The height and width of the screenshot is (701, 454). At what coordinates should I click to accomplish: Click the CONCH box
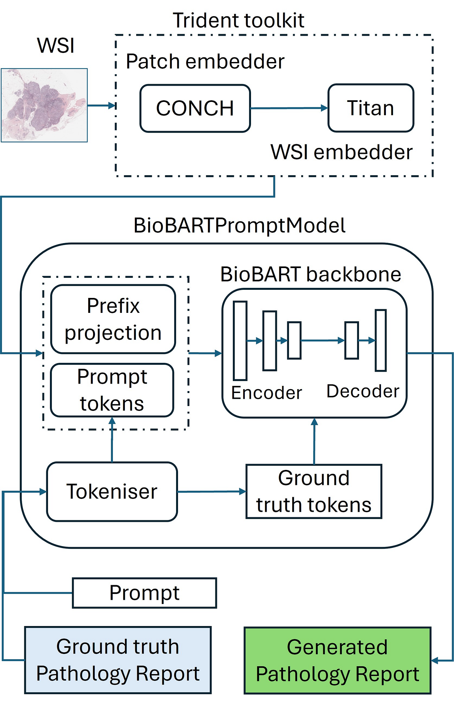tap(195, 108)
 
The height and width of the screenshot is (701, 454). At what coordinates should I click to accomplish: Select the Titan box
tap(371, 108)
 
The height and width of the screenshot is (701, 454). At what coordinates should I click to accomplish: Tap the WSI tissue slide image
tap(44, 105)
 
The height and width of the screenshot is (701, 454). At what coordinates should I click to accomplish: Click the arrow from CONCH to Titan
tap(289, 108)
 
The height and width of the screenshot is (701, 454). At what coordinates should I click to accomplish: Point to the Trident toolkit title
tap(239, 20)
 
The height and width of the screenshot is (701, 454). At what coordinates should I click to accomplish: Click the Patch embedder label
tap(205, 61)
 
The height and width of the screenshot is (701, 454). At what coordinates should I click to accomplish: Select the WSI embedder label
tap(342, 152)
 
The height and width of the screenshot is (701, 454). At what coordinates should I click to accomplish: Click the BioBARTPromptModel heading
tap(240, 226)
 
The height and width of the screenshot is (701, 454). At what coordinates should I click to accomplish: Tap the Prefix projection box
tap(113, 319)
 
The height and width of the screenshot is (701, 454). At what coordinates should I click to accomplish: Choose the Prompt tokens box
tap(112, 390)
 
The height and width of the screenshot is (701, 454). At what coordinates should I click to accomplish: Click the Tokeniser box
tap(112, 491)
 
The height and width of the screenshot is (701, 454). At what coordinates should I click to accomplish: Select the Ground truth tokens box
tap(314, 491)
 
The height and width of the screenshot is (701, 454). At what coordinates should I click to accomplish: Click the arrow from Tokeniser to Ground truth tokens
tap(212, 492)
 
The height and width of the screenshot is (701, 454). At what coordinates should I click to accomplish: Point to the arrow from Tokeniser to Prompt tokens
tap(112, 440)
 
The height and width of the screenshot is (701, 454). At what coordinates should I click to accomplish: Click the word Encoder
tap(267, 393)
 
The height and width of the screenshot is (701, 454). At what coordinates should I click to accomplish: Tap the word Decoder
tap(363, 391)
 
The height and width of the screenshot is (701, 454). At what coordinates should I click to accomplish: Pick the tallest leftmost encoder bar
tap(240, 340)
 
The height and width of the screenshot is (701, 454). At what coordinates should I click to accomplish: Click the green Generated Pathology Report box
tap(338, 660)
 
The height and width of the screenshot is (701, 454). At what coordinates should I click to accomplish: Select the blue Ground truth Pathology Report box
tap(118, 660)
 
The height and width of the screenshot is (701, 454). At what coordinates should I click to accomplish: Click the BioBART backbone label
tap(311, 274)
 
